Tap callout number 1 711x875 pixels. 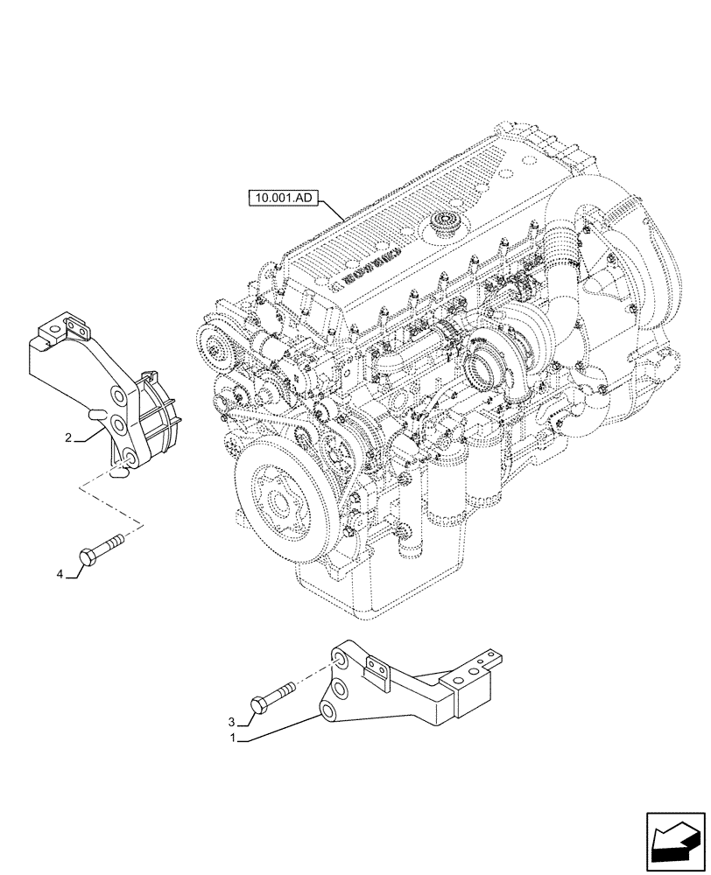click(232, 738)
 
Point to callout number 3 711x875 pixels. click(233, 722)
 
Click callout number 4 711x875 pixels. click(60, 574)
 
